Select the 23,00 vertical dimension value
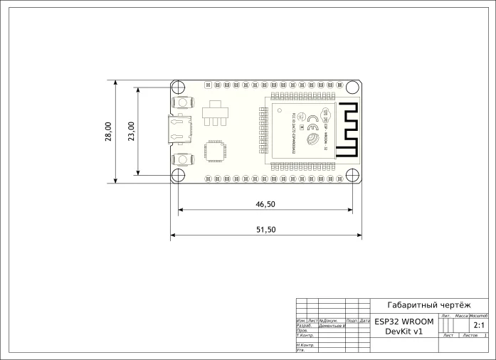click(131, 132)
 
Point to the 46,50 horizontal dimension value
click(265, 204)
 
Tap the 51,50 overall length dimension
click(265, 230)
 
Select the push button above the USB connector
click(182, 103)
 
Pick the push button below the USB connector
click(182, 160)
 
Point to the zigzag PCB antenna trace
click(347, 130)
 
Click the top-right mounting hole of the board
click(352, 88)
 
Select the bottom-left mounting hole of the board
click(179, 175)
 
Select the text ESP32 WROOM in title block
click(403, 322)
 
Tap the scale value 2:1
click(473, 324)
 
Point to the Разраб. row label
click(304, 326)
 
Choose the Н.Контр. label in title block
click(305, 345)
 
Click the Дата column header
click(364, 321)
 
